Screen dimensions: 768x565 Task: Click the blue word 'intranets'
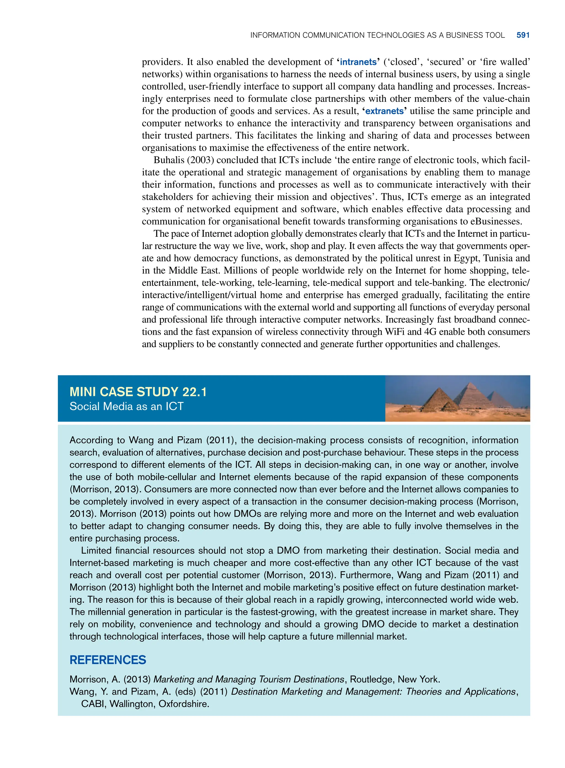click(358, 62)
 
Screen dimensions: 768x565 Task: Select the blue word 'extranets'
click(384, 111)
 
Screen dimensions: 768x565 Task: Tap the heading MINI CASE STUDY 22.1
click(138, 392)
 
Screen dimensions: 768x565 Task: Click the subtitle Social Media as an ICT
click(127, 406)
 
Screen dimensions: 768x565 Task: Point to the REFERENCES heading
click(108, 660)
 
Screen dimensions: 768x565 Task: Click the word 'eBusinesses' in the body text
click(495, 221)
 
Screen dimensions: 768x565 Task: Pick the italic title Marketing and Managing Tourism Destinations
click(249, 679)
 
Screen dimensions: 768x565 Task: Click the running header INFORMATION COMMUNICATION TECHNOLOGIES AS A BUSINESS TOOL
click(377, 35)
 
